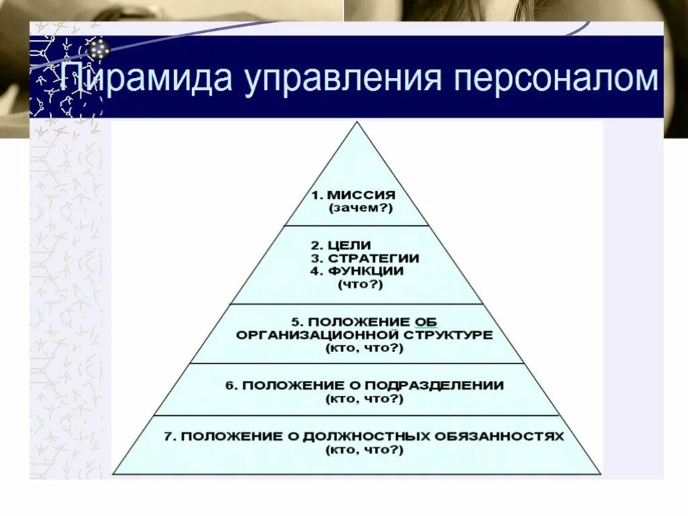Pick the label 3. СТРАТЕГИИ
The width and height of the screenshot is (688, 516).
click(365, 258)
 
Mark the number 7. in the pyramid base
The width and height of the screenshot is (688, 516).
click(171, 436)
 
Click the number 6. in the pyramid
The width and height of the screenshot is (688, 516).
click(231, 386)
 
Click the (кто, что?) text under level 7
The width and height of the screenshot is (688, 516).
click(365, 449)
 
